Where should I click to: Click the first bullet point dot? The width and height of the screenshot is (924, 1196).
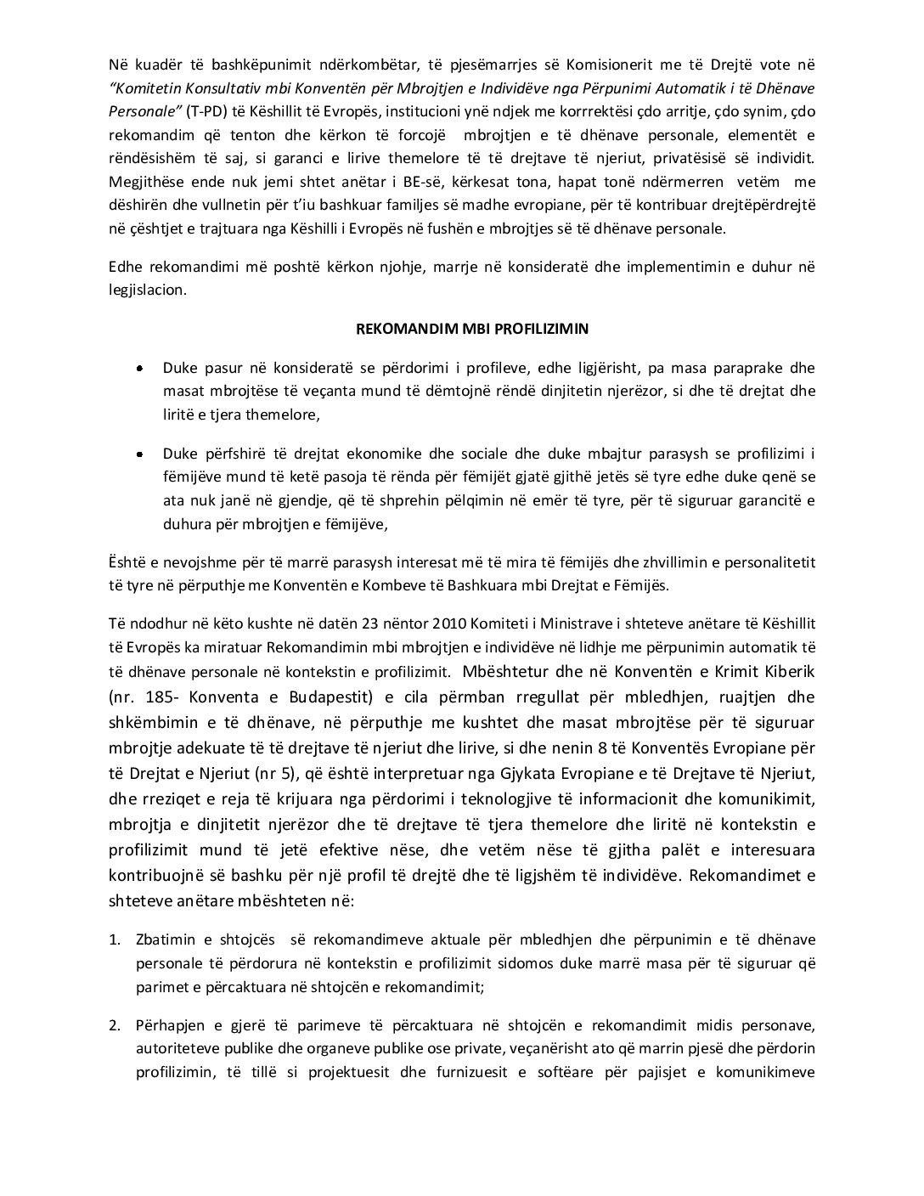pyautogui.click(x=139, y=369)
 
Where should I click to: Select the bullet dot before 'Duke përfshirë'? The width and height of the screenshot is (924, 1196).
pyautogui.click(x=139, y=454)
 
